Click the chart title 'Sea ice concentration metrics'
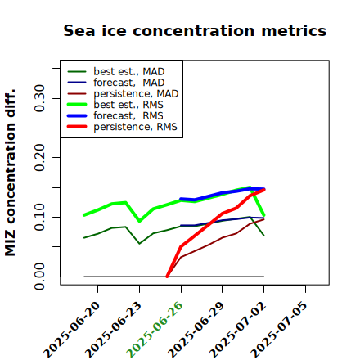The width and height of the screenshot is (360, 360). click(x=195, y=30)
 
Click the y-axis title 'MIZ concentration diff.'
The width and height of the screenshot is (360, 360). click(x=10, y=173)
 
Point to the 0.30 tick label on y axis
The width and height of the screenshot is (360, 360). click(x=39, y=98)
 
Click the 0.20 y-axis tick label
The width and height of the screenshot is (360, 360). click(x=39, y=158)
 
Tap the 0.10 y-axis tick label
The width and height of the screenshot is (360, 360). click(x=39, y=217)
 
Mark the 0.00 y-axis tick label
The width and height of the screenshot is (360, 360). click(x=39, y=277)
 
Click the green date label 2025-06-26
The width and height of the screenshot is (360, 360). click(x=155, y=330)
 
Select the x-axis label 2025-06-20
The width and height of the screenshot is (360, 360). click(x=72, y=330)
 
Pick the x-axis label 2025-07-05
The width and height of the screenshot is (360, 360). click(x=279, y=330)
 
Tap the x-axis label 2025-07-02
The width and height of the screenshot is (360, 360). click(x=238, y=330)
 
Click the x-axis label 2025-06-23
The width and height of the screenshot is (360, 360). click(x=113, y=330)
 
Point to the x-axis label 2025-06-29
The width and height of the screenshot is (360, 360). click(x=196, y=330)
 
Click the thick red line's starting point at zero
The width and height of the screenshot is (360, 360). click(x=167, y=277)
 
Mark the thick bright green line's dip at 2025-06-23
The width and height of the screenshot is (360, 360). click(x=140, y=221)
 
